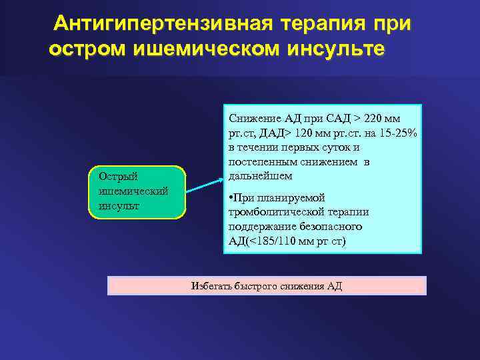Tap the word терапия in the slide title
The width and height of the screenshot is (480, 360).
point(319,24)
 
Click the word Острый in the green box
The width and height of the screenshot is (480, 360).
point(117,177)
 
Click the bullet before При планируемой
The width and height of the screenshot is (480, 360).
point(231,198)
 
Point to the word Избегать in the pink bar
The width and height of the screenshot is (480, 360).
point(211,286)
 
